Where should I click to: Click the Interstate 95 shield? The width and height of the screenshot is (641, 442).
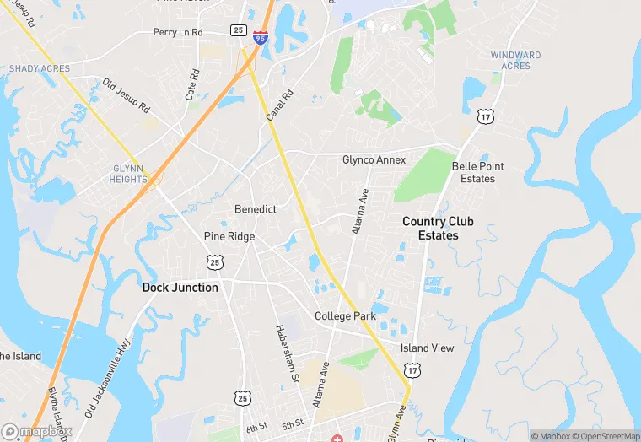261,38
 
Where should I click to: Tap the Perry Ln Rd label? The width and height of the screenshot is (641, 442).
178,32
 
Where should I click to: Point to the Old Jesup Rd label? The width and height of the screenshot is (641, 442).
126,97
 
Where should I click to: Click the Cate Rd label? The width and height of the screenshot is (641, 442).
191,85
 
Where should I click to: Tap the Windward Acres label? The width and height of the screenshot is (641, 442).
515,61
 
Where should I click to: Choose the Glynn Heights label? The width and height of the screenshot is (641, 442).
128,173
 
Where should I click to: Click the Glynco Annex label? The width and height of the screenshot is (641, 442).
374,160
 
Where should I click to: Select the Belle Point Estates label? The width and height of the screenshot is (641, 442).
478,172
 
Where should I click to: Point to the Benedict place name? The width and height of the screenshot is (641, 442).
256,209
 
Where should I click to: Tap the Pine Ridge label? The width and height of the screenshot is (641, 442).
229,237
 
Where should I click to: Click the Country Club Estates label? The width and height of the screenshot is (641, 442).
438,229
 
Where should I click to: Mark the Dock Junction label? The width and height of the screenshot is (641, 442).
180,288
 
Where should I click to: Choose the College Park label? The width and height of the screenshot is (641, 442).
345,316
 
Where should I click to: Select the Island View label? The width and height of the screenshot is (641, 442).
427,348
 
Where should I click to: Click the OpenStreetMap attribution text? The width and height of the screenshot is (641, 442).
603,436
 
